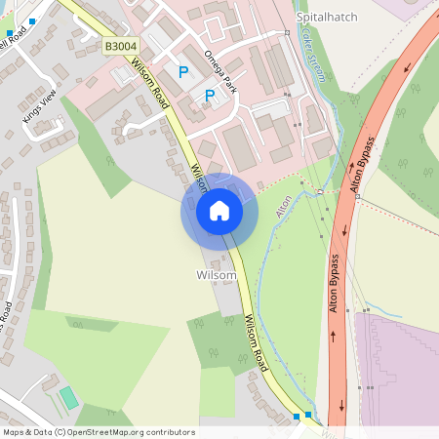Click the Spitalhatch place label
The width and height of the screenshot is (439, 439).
pyautogui.click(x=327, y=18)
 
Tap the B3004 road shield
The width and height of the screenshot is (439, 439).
pyautogui.click(x=120, y=46)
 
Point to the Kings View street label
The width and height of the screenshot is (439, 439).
pyautogui.click(x=38, y=107)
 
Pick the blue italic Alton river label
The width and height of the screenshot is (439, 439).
pyautogui.click(x=284, y=206)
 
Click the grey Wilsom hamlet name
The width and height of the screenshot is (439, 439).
pyautogui.click(x=216, y=275)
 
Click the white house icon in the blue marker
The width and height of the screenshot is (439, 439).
pyautogui.click(x=219, y=211)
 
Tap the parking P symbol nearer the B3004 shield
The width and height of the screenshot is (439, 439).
pyautogui.click(x=182, y=71)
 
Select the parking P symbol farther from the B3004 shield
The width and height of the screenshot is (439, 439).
pyautogui.click(x=209, y=95)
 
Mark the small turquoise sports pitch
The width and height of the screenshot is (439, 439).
pyautogui.click(x=68, y=398)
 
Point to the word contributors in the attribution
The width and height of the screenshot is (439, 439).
pyautogui.click(x=170, y=432)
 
